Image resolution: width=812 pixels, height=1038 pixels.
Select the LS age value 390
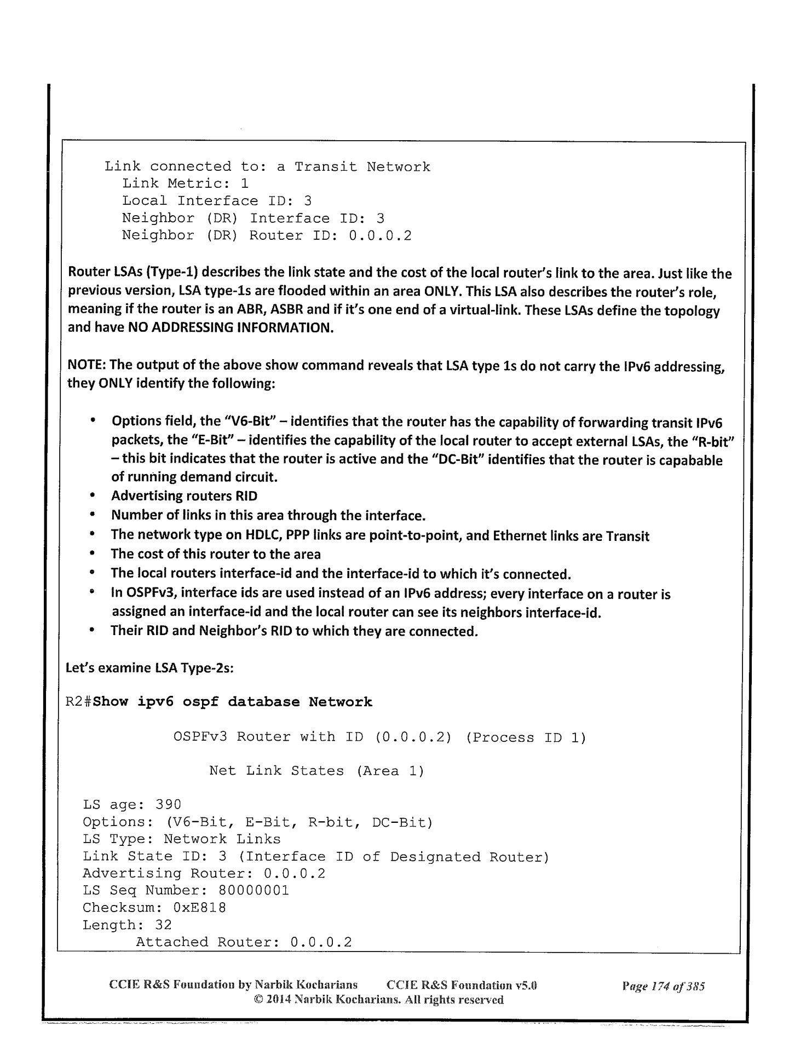click(x=169, y=804)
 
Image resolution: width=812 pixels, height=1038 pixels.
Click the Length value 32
click(x=163, y=925)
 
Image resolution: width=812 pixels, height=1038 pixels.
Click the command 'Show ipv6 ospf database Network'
click(x=233, y=702)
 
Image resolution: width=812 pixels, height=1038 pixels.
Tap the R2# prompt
click(x=79, y=702)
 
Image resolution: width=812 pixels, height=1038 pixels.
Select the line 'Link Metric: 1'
click(x=185, y=184)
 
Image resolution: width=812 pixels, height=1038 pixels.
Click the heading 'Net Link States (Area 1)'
click(x=316, y=771)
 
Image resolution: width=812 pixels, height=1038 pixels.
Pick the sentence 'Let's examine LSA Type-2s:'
click(x=150, y=668)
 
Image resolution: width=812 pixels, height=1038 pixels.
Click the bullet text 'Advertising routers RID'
click(x=184, y=496)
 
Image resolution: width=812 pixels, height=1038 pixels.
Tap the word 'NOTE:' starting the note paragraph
click(x=85, y=366)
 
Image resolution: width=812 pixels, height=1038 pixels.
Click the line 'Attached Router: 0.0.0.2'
click(x=243, y=942)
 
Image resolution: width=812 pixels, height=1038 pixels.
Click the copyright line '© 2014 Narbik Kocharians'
click(x=376, y=1000)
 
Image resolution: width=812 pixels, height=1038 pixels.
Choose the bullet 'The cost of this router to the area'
click(x=216, y=554)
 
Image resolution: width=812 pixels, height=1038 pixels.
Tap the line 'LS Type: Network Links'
click(x=181, y=839)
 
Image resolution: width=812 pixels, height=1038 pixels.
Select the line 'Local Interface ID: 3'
click(x=216, y=201)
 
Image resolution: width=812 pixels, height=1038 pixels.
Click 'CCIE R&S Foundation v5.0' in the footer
click(x=462, y=986)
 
